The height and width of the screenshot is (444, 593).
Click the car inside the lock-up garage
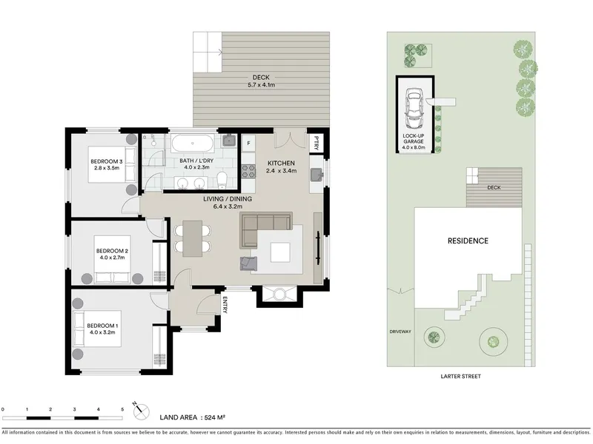414,108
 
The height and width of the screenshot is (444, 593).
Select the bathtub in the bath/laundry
192,144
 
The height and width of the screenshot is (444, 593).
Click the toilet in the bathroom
222,180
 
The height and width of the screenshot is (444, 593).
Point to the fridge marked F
248,143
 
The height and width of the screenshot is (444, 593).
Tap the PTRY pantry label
317,143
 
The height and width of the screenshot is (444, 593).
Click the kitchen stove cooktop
248,171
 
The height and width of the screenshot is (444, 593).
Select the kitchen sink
317,175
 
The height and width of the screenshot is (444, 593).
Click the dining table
193,238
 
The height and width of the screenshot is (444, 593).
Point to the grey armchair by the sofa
248,263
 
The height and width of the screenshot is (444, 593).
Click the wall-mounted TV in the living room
318,247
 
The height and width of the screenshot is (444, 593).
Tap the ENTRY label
225,305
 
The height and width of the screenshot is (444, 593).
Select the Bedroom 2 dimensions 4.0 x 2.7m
112,258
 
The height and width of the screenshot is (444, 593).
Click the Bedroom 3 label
107,161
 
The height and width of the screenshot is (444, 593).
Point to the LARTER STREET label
460,376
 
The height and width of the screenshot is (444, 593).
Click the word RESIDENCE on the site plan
468,241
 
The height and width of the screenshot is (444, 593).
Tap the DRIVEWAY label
400,332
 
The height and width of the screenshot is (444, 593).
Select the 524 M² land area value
215,417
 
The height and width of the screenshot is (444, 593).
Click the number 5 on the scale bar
122,409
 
